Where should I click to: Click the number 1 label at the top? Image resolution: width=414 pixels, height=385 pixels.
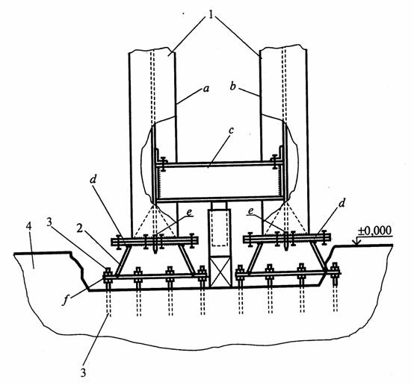[211, 15]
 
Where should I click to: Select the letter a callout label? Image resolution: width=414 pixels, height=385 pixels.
[206, 89]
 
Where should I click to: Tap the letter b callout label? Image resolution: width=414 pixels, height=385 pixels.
[232, 86]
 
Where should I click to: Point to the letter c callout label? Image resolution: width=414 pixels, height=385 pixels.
[231, 131]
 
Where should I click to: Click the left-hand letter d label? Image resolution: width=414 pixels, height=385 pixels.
[93, 179]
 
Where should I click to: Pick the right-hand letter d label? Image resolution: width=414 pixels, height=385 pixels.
[342, 203]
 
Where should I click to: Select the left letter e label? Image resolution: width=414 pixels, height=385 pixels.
[189, 213]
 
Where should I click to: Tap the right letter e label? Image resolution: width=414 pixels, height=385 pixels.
[251, 211]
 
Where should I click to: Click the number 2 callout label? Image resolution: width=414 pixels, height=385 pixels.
[80, 228]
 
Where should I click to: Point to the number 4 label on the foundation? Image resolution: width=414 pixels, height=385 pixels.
[29, 227]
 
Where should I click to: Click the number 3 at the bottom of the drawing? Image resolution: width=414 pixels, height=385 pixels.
[83, 372]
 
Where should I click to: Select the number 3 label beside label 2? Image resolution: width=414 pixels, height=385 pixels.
[49, 222]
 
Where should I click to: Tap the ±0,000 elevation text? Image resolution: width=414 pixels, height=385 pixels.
[374, 231]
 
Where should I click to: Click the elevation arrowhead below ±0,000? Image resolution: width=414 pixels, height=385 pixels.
[356, 242]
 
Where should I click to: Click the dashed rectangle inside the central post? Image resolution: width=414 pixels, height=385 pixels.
[220, 228]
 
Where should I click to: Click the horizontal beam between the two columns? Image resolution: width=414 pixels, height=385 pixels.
[220, 182]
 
